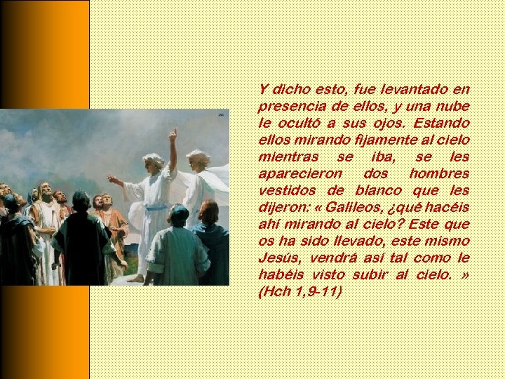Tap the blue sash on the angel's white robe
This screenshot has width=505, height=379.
coord(157,206)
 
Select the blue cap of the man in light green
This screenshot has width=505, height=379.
coord(179,210)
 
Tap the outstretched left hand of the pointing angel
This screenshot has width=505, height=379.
coord(112,180)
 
